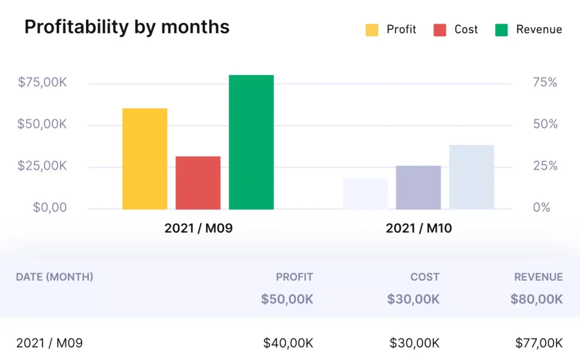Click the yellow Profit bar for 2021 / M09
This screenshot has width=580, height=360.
click(144, 159)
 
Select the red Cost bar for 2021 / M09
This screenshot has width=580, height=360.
click(198, 183)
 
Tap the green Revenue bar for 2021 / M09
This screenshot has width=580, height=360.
click(251, 142)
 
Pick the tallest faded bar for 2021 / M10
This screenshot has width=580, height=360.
click(471, 177)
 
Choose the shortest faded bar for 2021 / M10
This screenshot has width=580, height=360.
click(365, 194)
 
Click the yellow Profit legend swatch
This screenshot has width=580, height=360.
click(372, 30)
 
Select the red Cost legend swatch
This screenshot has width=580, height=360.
click(440, 30)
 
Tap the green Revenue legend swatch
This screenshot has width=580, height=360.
click(501, 30)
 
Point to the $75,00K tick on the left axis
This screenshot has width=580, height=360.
click(42, 83)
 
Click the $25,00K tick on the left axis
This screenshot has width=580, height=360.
click(42, 166)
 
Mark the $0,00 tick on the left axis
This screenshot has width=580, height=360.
click(50, 208)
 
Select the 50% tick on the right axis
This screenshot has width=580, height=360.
click(545, 125)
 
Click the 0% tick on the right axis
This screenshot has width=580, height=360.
click(541, 208)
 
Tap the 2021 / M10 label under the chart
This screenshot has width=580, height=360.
click(419, 229)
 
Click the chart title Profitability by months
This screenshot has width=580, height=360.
click(127, 27)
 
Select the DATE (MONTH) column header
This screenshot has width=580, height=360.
click(54, 277)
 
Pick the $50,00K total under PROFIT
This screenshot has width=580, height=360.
click(287, 299)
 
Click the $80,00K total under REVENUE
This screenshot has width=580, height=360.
click(536, 299)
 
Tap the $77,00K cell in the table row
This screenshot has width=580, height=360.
click(539, 342)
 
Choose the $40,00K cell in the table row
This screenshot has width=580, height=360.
click(288, 342)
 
